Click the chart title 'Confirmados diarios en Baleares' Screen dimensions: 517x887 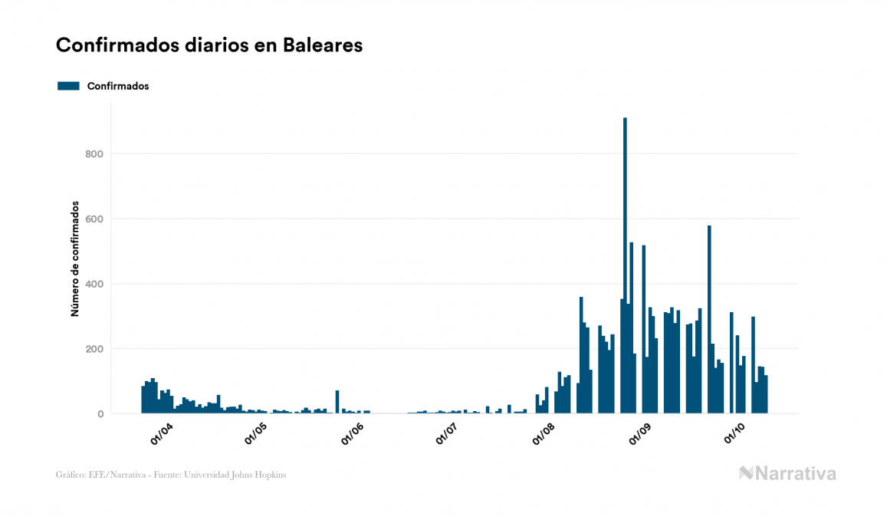pos(209,45)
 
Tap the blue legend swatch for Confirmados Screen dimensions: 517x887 pos(68,86)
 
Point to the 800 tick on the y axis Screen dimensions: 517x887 pos(94,154)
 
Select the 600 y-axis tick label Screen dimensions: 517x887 pos(94,219)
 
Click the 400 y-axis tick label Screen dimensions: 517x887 pos(94,285)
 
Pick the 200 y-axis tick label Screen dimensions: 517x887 pos(94,349)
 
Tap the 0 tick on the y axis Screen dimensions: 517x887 pos(100,414)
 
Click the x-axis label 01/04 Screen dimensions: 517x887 pos(162,433)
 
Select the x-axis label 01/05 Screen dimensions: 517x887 pos(255,433)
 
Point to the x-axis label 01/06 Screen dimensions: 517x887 pos(352,433)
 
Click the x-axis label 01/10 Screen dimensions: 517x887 pos(735,433)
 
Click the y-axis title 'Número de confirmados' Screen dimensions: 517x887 pos(75,259)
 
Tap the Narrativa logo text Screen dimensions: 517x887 pos(795,473)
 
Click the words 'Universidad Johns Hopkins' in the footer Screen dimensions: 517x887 pos(245,475)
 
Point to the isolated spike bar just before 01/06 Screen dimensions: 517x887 pos(337,403)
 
